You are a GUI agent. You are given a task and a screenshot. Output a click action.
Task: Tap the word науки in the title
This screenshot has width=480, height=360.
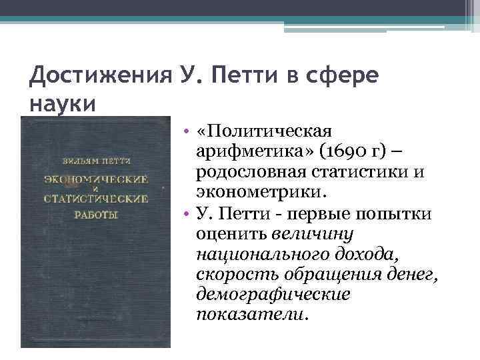(63, 105)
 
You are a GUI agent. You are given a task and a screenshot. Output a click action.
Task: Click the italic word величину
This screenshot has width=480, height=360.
(313, 235)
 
